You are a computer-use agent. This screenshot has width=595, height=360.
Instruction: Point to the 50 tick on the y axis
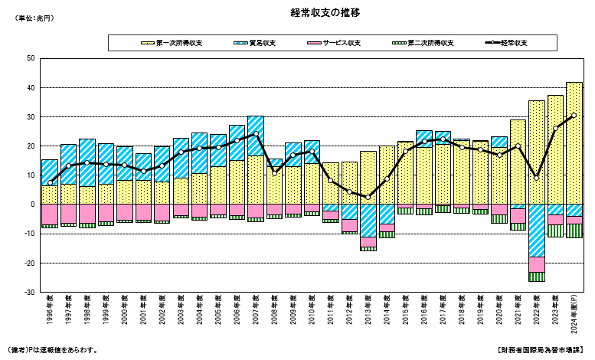30,58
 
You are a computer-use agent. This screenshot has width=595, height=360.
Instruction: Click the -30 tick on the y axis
28,293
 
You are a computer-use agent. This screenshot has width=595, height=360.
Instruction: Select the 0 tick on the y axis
32,205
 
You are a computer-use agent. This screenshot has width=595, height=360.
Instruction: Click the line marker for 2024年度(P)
574,115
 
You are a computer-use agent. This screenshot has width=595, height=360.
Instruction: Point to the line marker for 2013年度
368,197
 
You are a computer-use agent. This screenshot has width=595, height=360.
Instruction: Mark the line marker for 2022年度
536,178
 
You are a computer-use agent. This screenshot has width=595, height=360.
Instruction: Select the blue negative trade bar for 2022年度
536,231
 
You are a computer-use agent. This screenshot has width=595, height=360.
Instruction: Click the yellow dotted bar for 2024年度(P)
574,146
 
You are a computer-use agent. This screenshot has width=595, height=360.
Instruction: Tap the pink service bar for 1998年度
87,213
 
